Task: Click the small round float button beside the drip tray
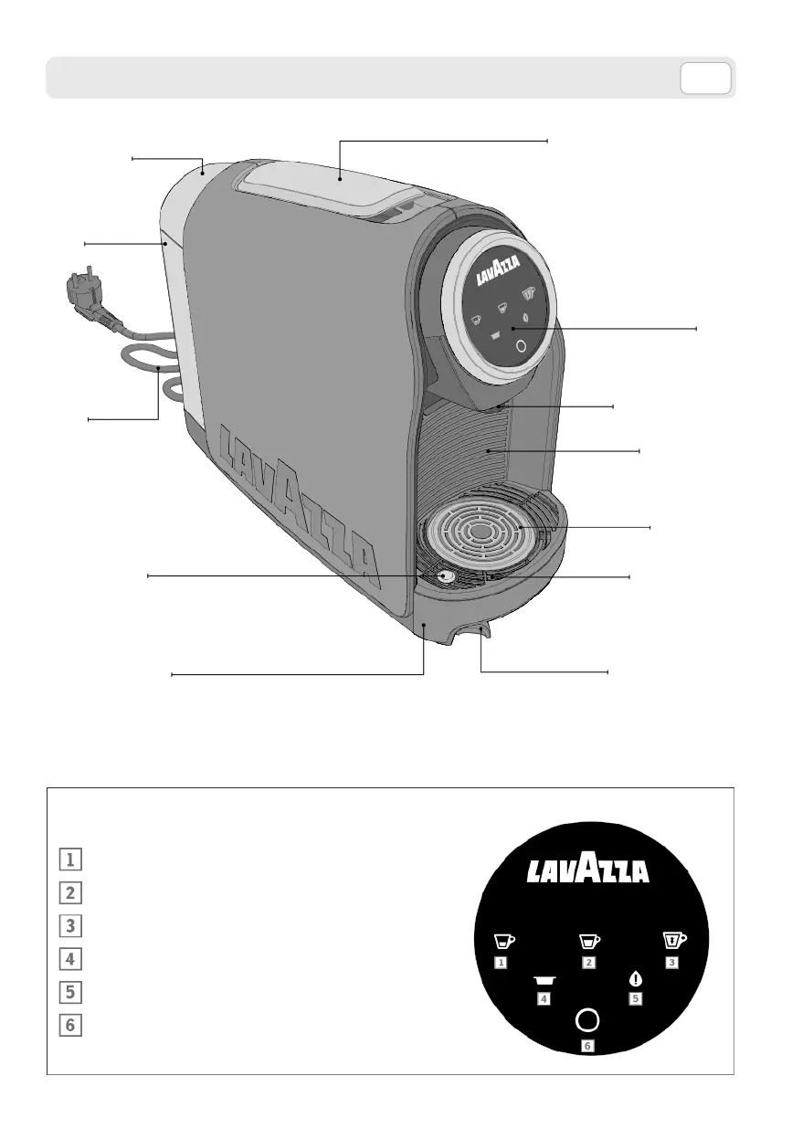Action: pyautogui.click(x=445, y=576)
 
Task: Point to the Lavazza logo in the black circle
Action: pyautogui.click(x=588, y=870)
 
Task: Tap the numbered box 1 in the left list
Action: pyautogui.click(x=69, y=860)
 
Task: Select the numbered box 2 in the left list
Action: pyautogui.click(x=69, y=892)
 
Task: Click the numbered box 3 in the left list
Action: pyautogui.click(x=69, y=925)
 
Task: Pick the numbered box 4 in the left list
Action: pyautogui.click(x=69, y=959)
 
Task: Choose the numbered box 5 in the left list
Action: pyautogui.click(x=69, y=992)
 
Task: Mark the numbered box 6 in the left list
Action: pyautogui.click(x=69, y=1025)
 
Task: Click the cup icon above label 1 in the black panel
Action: pyautogui.click(x=503, y=939)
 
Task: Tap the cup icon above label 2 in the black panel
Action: pyautogui.click(x=589, y=939)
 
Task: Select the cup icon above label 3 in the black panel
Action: pyautogui.click(x=674, y=939)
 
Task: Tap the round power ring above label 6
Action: pyautogui.click(x=588, y=1020)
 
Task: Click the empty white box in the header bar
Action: pyautogui.click(x=705, y=79)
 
